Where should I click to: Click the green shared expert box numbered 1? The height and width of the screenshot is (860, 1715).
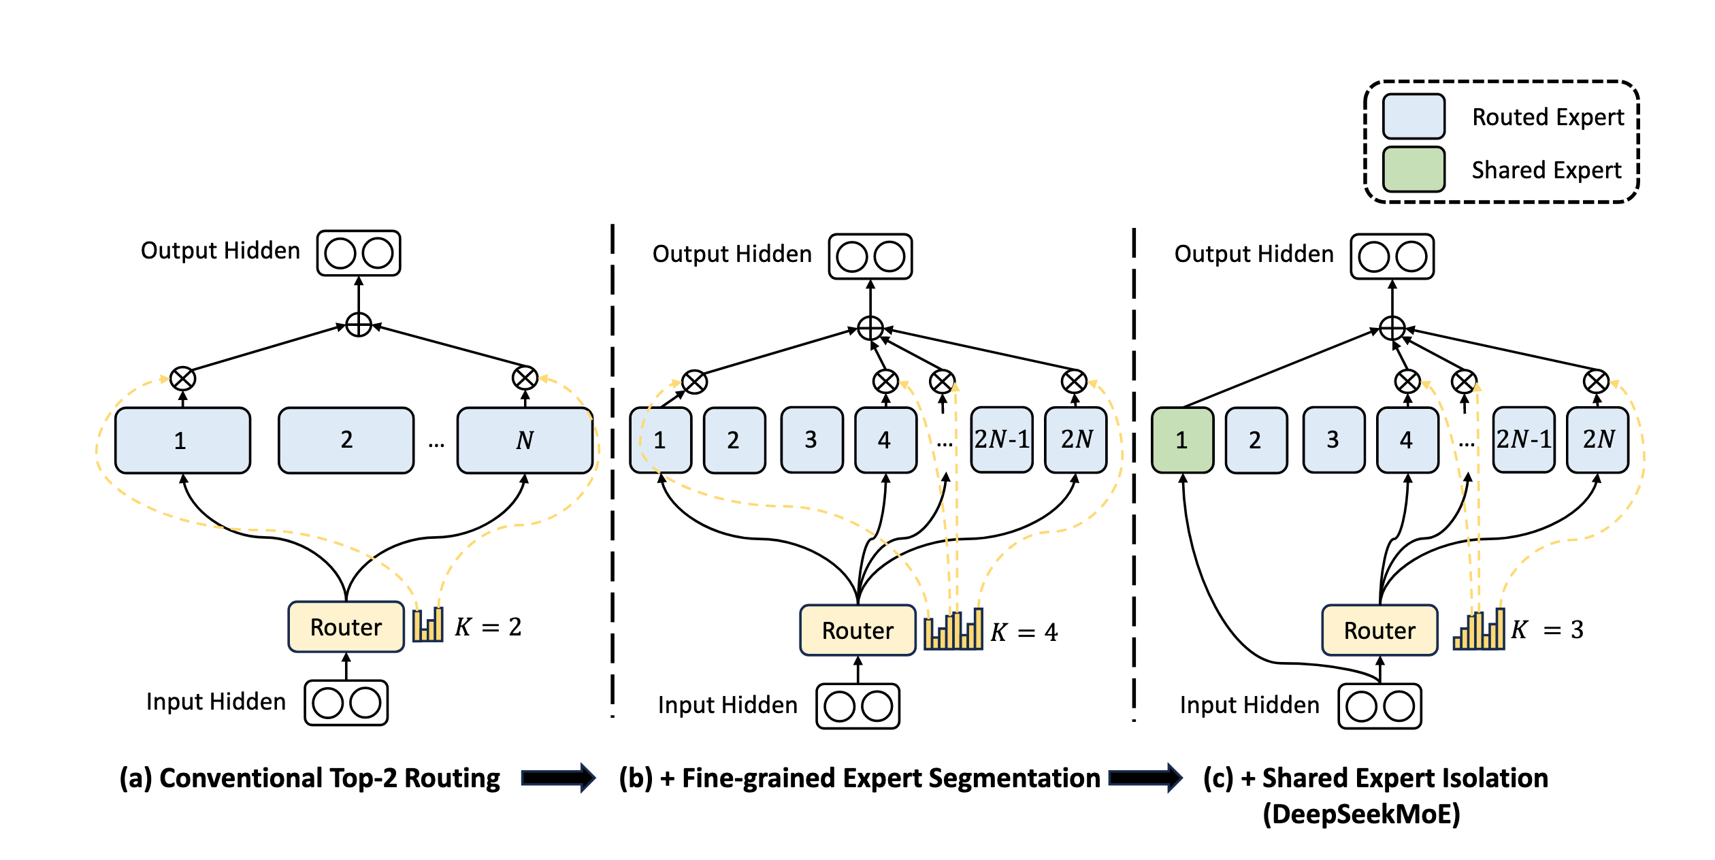click(1182, 440)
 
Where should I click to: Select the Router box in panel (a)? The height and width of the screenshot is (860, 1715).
click(346, 627)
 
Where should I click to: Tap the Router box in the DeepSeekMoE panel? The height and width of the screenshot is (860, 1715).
click(1379, 630)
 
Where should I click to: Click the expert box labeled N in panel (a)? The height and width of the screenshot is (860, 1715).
click(525, 440)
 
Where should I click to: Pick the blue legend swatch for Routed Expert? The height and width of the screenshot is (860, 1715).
click(1414, 116)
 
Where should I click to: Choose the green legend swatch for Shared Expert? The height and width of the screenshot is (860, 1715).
click(1414, 169)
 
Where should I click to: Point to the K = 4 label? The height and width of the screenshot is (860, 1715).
click(1024, 632)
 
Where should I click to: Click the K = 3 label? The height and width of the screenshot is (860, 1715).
click(1547, 629)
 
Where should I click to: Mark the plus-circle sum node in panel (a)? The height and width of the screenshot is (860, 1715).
click(359, 325)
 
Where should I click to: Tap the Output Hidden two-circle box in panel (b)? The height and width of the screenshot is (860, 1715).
click(870, 257)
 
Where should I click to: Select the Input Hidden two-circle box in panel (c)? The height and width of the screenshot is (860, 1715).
click(1379, 706)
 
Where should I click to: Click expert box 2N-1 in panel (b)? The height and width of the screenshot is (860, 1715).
click(1002, 440)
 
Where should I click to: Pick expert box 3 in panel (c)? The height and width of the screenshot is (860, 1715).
click(1334, 440)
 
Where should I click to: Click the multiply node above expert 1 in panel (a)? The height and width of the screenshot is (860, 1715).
click(182, 379)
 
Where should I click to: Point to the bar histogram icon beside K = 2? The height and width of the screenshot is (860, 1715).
click(428, 624)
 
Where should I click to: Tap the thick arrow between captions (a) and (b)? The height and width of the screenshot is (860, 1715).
click(558, 778)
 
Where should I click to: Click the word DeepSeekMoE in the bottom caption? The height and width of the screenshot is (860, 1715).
click(1362, 814)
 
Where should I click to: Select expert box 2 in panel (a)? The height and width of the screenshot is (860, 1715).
click(346, 440)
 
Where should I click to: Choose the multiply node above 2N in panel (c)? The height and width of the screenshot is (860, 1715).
click(1597, 382)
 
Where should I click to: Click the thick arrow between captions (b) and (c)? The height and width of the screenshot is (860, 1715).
click(1145, 778)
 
